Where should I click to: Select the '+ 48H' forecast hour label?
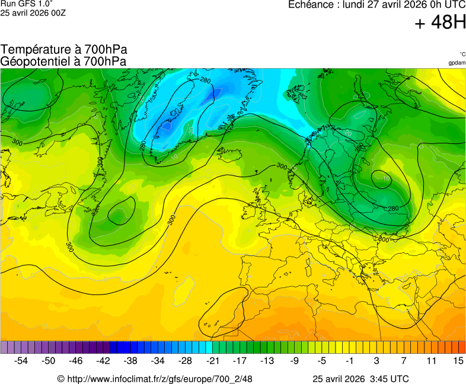pos(440,23)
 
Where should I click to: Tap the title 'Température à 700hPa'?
pos(64,50)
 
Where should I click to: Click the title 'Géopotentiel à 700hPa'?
pos(63,61)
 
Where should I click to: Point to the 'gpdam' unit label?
pos(457,62)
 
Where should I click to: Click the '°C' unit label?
pos(462,54)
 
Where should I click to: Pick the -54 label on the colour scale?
pos(21,360)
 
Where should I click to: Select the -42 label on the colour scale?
pos(104,360)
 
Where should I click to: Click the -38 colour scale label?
pos(131,360)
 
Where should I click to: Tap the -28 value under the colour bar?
pos(186,360)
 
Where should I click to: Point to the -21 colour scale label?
pos(213,360)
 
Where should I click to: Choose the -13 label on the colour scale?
pos(267,360)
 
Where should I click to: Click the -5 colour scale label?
pos(322,360)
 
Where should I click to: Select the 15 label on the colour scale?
pos(458,360)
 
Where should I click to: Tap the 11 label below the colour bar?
pos(431,360)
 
